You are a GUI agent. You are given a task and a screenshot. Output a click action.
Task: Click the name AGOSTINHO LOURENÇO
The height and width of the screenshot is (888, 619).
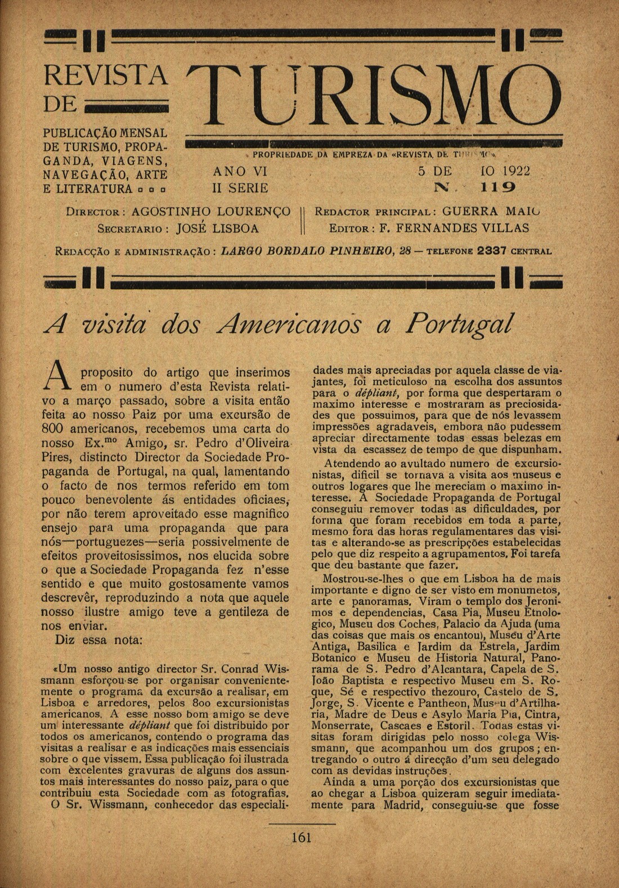[x=211, y=212]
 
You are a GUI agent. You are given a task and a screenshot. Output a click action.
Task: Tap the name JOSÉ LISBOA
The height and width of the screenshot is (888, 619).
[x=218, y=229]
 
